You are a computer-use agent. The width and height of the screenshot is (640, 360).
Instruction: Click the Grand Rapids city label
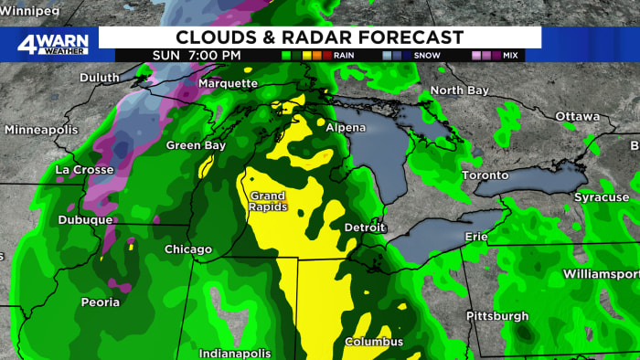pos(267,201)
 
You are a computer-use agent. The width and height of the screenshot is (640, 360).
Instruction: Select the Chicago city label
pos(188,249)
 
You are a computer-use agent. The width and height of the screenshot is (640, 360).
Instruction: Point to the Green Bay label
pos(195,145)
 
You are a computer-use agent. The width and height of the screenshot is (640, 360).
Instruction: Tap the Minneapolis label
pos(42,130)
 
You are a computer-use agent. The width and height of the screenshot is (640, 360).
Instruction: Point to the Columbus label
pos(373,342)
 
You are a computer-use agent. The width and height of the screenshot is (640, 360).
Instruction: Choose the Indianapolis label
pos(235,353)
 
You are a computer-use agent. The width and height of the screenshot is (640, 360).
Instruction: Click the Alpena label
pos(345,128)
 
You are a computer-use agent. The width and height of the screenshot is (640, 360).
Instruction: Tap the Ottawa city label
pos(578,116)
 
